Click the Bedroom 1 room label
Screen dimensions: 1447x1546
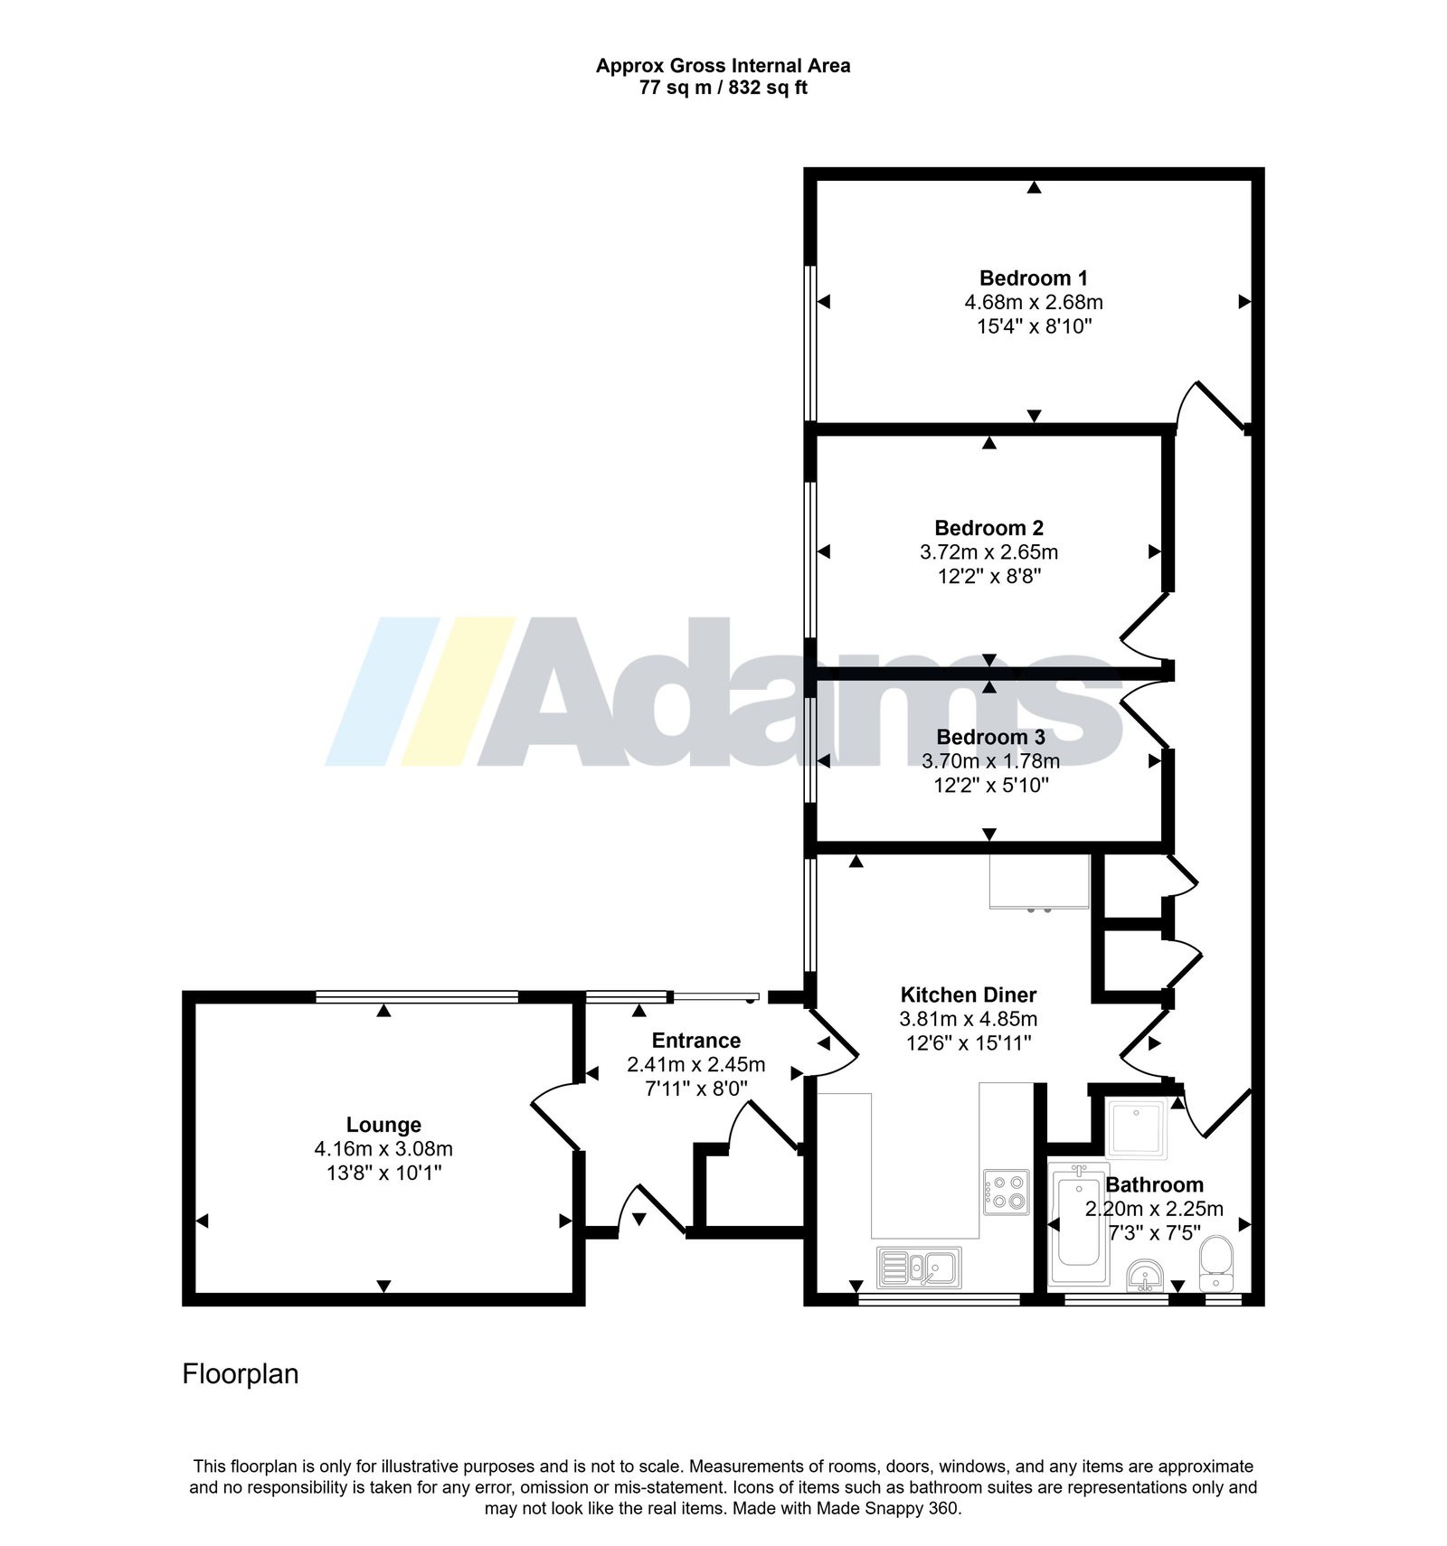(1034, 278)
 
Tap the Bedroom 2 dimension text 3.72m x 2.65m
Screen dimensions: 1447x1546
(988, 552)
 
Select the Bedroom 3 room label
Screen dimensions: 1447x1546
(990, 737)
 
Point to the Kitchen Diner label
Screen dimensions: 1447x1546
(969, 995)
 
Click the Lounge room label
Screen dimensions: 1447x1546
(383, 1126)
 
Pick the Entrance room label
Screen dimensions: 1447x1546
(696, 1041)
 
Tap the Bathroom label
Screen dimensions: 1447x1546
(1154, 1184)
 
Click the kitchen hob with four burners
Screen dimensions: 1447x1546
(1006, 1192)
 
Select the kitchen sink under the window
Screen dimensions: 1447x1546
(919, 1267)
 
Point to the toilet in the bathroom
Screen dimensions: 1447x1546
(1215, 1262)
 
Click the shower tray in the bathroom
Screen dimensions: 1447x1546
(1137, 1128)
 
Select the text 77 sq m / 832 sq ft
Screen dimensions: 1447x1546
(723, 89)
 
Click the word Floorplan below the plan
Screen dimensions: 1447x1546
(241, 1374)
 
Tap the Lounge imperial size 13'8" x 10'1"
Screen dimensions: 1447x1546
(383, 1174)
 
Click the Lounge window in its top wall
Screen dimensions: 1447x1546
(417, 997)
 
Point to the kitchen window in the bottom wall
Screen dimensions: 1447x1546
(939, 1300)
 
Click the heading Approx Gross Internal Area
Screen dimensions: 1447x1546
(723, 66)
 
